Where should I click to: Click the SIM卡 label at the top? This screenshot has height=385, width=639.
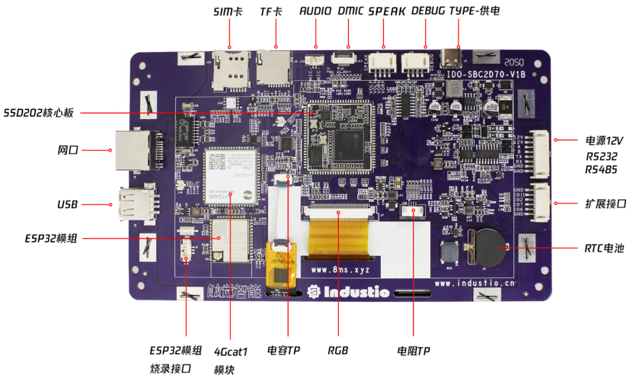pyautogui.click(x=227, y=11)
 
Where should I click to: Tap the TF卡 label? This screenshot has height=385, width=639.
pyautogui.click(x=271, y=11)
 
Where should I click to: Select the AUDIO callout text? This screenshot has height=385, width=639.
pyautogui.click(x=317, y=11)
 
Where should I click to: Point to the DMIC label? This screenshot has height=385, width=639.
pyautogui.click(x=350, y=11)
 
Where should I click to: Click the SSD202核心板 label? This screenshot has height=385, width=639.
pyautogui.click(x=39, y=113)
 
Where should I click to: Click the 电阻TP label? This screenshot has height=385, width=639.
pyautogui.click(x=414, y=351)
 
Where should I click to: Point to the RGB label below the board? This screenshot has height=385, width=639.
pyautogui.click(x=338, y=351)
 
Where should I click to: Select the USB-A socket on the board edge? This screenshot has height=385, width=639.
pyautogui.click(x=134, y=204)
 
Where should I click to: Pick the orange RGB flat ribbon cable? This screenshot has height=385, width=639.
pyautogui.click(x=340, y=234)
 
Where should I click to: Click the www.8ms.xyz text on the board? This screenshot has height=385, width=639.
pyautogui.click(x=340, y=269)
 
